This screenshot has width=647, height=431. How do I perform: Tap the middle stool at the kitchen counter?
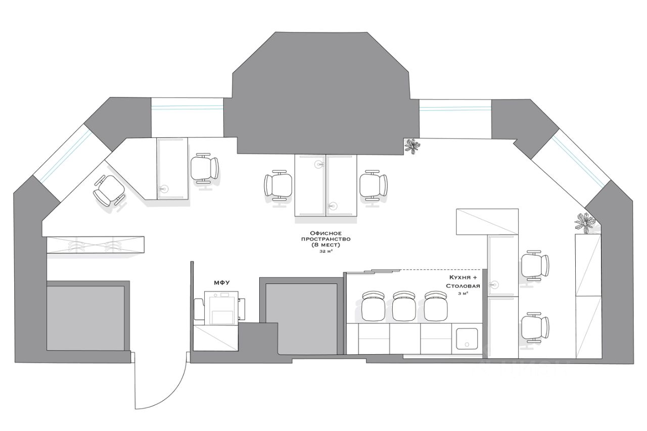pos(404,307)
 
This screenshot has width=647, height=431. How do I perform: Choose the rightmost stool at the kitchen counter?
pos(436,307)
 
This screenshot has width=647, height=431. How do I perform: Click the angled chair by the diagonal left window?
pos(109,191)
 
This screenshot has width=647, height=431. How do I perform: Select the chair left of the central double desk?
pos(278,185)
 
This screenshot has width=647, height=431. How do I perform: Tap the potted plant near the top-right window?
pos(413,146)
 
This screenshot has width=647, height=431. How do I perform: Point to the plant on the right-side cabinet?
pos(585,222)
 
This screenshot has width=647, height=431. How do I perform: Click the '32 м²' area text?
pos(326,251)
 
